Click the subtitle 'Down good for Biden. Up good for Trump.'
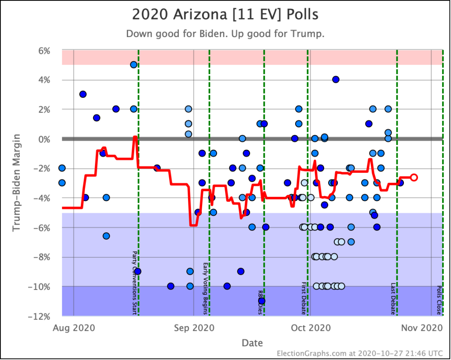tap(225, 34)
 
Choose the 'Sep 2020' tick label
tap(194, 328)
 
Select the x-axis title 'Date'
tap(252, 343)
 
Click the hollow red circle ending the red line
tap(414, 177)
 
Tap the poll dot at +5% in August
tap(133, 65)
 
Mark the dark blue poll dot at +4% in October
tap(336, 79)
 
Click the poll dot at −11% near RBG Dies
tap(262, 301)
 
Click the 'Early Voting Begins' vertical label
tap(205, 289)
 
